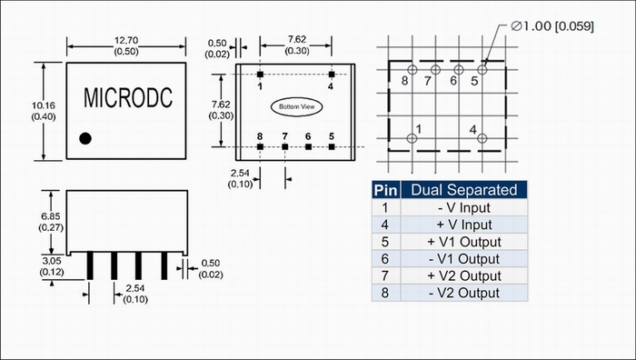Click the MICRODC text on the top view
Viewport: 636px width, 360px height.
pos(128,98)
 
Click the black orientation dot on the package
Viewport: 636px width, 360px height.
pos(85,138)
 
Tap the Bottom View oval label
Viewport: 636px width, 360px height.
pos(297,106)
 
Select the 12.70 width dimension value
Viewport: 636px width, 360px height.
pos(126,41)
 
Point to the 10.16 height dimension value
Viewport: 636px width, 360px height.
pos(44,106)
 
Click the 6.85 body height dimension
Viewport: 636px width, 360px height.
pos(51,216)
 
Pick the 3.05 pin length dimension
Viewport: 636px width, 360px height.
pos(52,261)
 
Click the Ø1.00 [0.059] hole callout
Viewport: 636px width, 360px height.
pos(552,26)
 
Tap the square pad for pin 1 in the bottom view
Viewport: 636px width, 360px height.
pos(260,75)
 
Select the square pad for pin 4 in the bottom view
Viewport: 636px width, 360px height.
pos(332,75)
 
